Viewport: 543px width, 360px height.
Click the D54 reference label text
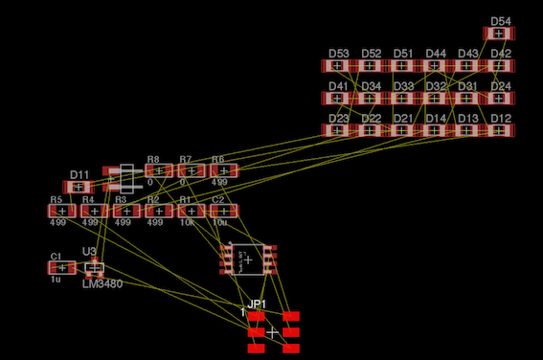500,21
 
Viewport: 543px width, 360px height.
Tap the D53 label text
339,54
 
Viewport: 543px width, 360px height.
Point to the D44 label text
436,54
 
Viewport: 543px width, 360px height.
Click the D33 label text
403,86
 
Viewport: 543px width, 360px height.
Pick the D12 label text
500,119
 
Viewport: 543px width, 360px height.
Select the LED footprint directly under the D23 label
338,130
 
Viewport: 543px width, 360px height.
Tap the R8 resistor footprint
159,171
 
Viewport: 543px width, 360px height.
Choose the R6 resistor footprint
223,171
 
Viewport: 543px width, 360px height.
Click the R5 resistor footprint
62,211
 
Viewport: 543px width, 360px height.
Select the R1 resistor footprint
191,211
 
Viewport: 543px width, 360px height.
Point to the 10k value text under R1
187,222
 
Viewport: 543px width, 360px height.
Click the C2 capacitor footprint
223,211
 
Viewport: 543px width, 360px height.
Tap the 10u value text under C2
219,222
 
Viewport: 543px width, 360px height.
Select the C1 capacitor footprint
62,268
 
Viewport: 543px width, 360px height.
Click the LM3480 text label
102,284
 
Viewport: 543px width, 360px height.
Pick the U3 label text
89,252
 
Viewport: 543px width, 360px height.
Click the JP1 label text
256,304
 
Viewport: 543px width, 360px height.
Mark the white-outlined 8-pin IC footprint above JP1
248,259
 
